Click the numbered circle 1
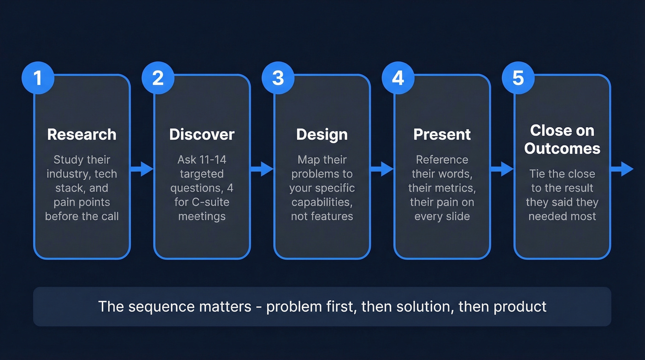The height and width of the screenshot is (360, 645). pos(38,78)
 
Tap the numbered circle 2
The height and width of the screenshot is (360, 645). pos(158,78)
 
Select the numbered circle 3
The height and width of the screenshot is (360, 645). pos(278,78)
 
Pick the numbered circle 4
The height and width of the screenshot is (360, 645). pos(398,78)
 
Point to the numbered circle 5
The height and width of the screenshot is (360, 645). pos(518,78)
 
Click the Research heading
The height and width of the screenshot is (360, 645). pos(82,134)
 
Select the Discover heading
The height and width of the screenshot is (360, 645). pos(202,134)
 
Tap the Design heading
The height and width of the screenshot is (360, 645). pos(322,134)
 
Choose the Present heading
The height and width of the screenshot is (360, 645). pos(442,134)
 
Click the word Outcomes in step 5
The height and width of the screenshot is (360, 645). pos(562,148)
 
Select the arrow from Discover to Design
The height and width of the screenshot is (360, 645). pos(262,169)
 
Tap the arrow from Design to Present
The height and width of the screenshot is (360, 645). pos(382,169)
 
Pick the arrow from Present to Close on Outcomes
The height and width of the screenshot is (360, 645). pos(502,169)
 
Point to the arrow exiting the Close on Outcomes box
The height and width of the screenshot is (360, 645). pos(622,169)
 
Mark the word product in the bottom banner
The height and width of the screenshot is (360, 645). pos(520,307)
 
